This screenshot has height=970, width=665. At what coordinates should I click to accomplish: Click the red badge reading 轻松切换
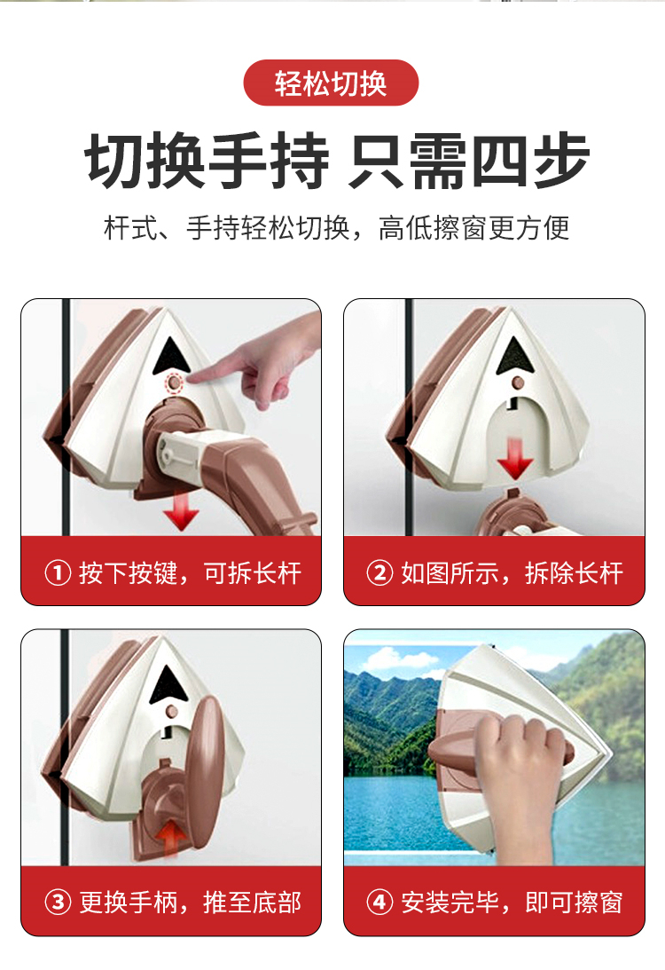pyautogui.click(x=332, y=83)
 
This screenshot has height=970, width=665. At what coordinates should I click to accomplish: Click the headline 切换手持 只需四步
pyautogui.click(x=337, y=161)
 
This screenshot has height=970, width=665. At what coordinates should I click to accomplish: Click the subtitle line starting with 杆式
pyautogui.click(x=337, y=228)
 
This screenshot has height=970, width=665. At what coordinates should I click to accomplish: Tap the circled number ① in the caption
pyautogui.click(x=58, y=572)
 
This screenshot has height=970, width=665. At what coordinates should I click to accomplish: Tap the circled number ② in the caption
pyautogui.click(x=379, y=572)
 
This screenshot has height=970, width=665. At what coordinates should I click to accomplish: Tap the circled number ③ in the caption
pyautogui.click(x=58, y=902)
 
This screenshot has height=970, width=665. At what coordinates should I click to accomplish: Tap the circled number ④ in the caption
pyautogui.click(x=379, y=902)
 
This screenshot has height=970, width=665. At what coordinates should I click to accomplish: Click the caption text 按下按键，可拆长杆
pyautogui.click(x=191, y=573)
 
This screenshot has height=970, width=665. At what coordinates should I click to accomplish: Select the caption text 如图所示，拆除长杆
pyautogui.click(x=512, y=573)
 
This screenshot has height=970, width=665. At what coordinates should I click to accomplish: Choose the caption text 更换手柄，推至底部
pyautogui.click(x=191, y=903)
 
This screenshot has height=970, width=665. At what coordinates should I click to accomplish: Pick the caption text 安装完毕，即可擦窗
pyautogui.click(x=512, y=903)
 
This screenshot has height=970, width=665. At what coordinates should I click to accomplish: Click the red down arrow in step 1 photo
pyautogui.click(x=181, y=511)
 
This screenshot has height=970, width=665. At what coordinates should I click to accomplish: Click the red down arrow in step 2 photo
pyautogui.click(x=515, y=459)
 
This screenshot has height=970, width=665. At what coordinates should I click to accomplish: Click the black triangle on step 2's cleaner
pyautogui.click(x=515, y=357)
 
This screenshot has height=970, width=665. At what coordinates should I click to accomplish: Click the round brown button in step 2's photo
pyautogui.click(x=519, y=382)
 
